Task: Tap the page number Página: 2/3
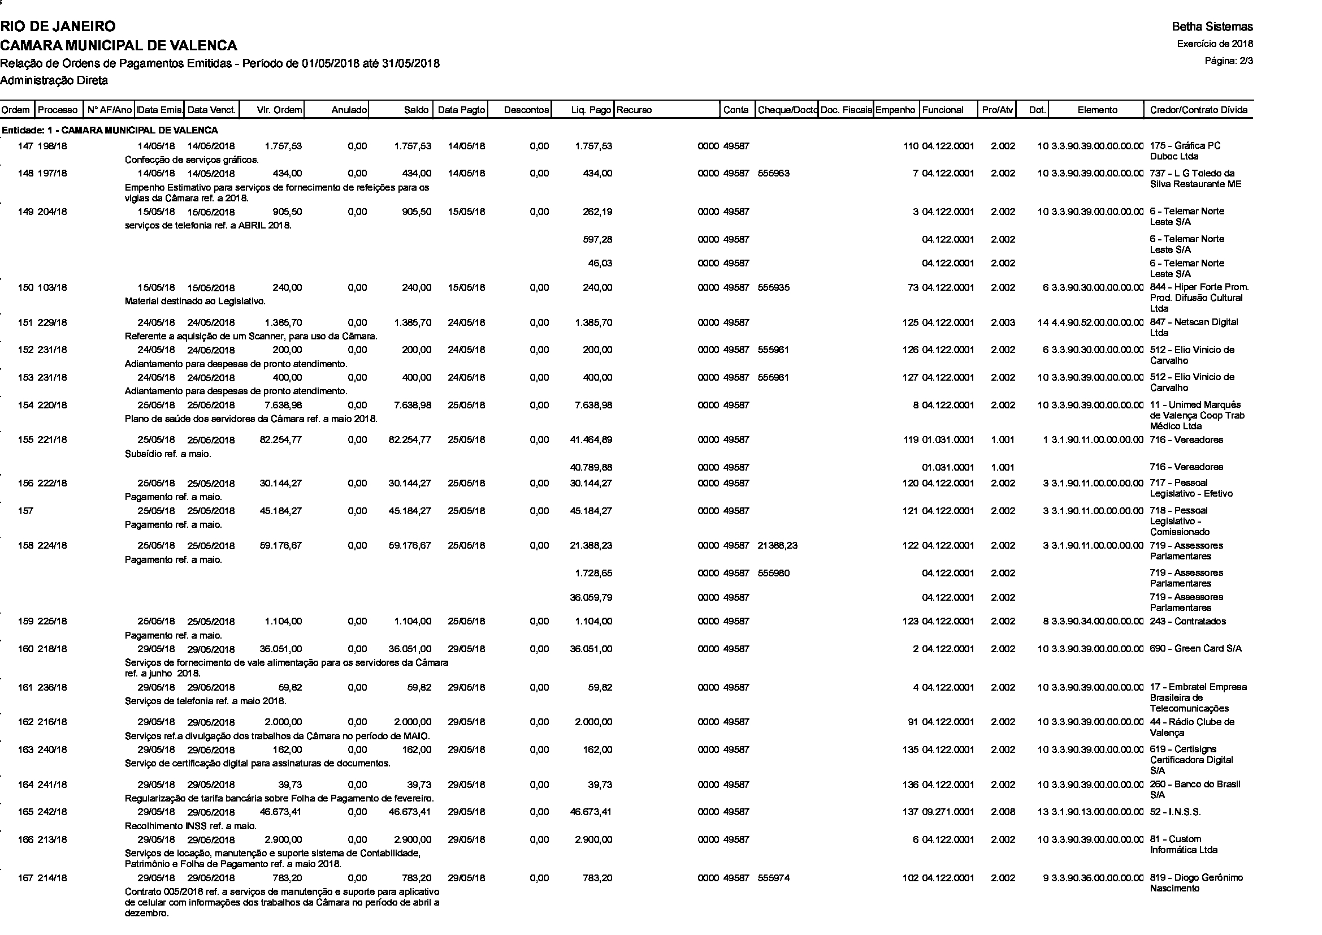(1229, 61)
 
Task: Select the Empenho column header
(895, 110)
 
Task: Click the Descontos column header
(526, 110)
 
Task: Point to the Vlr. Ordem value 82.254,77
(280, 440)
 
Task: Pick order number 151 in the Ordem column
(25, 322)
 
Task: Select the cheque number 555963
(774, 174)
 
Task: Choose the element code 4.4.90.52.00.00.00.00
(1098, 322)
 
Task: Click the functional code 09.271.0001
(948, 812)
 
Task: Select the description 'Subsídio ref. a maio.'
(167, 454)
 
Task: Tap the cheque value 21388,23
(777, 546)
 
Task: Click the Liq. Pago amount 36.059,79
(591, 597)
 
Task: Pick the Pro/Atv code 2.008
(1003, 812)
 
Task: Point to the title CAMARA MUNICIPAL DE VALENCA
(119, 45)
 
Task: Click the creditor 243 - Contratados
(1188, 621)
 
